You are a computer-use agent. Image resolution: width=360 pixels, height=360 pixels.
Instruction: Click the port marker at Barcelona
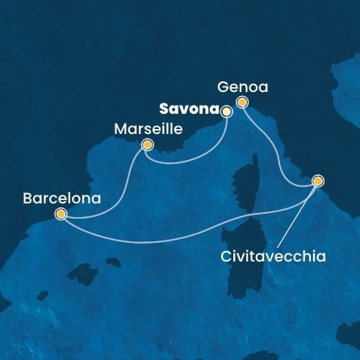click(x=61, y=214)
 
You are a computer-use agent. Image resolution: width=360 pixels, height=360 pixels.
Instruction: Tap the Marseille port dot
click(x=147, y=145)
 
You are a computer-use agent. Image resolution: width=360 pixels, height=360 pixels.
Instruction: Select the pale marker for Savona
click(x=226, y=111)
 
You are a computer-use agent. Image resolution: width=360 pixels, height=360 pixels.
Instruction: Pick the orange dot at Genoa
click(x=241, y=102)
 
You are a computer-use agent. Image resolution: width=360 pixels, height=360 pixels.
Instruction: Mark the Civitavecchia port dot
click(x=318, y=182)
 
